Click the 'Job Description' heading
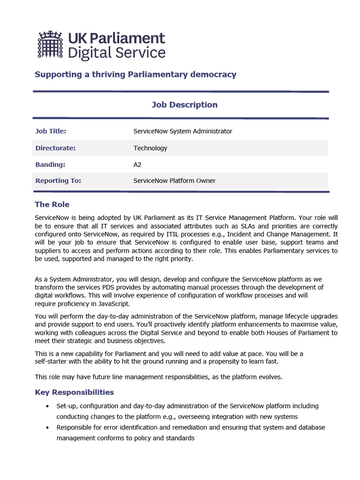click(x=184, y=105)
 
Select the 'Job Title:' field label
click(x=51, y=131)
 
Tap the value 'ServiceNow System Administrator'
click(x=182, y=131)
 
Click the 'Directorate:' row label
click(x=55, y=148)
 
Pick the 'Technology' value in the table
click(x=150, y=148)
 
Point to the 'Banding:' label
click(x=50, y=165)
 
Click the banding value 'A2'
click(x=138, y=165)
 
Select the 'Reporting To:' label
click(x=58, y=180)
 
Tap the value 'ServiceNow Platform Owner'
click(x=174, y=180)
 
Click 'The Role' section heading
click(x=52, y=204)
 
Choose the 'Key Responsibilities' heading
click(x=75, y=392)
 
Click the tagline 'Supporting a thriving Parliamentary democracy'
click(x=135, y=74)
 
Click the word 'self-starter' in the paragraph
click(x=52, y=361)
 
